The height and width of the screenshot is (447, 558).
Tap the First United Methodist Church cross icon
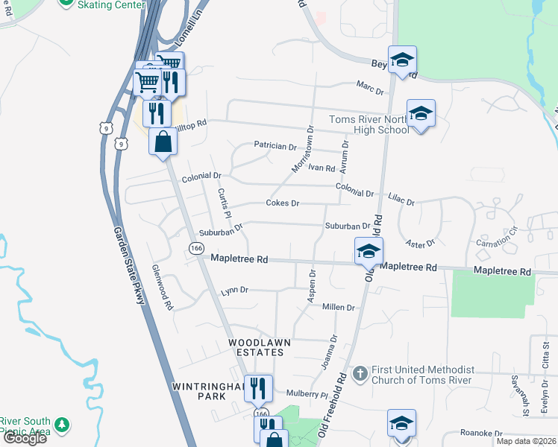coord(360,371)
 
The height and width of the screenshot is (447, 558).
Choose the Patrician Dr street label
coord(275,146)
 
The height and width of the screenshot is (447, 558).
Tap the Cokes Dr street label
coord(283,203)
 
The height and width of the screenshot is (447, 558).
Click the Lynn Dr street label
coord(234,291)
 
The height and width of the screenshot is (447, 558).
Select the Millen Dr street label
coord(339,307)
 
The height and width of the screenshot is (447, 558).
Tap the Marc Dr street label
coord(369,91)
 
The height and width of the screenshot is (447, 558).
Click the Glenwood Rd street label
coord(162,287)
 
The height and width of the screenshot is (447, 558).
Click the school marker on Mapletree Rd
coord(369,253)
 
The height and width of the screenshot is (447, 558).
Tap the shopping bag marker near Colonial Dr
coord(163,142)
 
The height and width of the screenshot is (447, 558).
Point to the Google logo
coord(24,438)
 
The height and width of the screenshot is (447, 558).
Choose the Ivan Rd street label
coord(322,168)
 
